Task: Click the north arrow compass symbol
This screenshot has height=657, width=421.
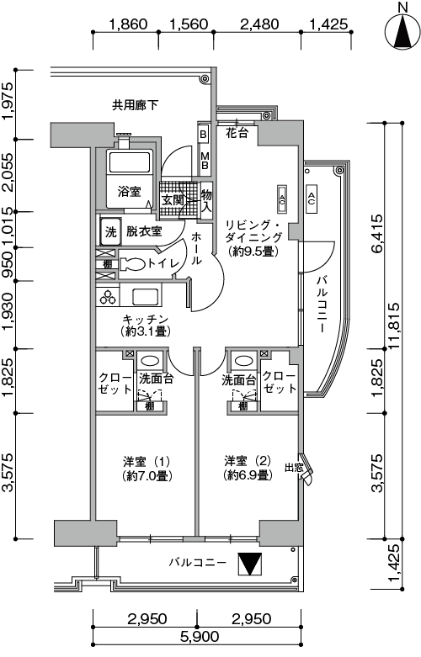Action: point(402,31)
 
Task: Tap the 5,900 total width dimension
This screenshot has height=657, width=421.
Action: point(200,638)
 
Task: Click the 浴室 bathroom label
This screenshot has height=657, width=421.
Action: point(129,192)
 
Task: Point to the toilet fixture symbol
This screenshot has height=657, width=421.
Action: point(133,263)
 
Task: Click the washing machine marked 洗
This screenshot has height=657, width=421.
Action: point(110,231)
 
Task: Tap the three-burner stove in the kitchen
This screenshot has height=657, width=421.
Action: point(108,297)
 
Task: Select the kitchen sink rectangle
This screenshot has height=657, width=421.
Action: point(147,296)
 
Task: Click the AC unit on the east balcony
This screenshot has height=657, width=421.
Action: point(312,199)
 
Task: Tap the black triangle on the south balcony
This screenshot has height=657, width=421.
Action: point(249,564)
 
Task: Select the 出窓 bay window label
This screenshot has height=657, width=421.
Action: point(294,467)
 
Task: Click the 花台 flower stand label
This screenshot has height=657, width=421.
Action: point(237,133)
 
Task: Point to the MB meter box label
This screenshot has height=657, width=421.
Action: point(205,161)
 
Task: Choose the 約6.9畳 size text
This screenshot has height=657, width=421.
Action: point(248,475)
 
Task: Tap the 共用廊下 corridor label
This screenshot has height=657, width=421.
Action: point(135,105)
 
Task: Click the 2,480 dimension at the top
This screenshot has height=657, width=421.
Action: point(259,24)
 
